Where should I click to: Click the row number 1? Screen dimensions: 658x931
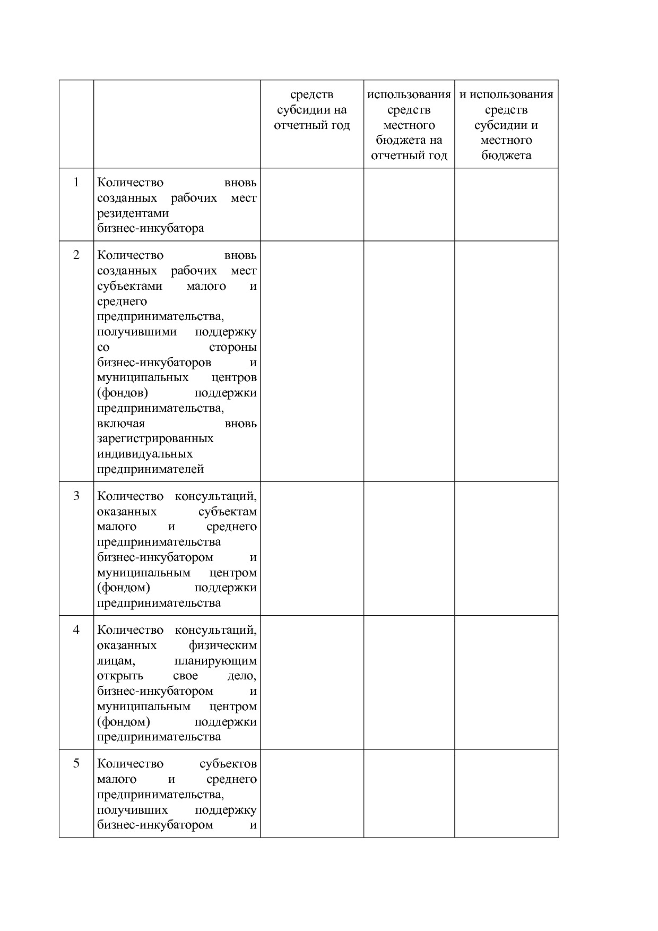pyautogui.click(x=76, y=183)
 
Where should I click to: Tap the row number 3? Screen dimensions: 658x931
pyautogui.click(x=76, y=496)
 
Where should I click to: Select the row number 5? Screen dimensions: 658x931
pyautogui.click(x=76, y=763)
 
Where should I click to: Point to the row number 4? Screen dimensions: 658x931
pyautogui.click(x=76, y=630)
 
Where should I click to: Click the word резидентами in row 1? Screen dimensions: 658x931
pyautogui.click(x=133, y=213)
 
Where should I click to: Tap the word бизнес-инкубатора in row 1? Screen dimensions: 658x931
pyautogui.click(x=151, y=229)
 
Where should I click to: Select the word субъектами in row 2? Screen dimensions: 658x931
pyautogui.click(x=129, y=286)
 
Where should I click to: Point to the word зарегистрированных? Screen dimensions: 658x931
pyautogui.click(x=155, y=439)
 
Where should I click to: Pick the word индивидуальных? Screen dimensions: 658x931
pyautogui.click(x=145, y=454)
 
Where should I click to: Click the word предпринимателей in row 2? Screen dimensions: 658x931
pyautogui.click(x=151, y=469)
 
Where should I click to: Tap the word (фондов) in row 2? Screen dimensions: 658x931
pyautogui.click(x=123, y=393)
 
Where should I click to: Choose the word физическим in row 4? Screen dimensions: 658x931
pyautogui.click(x=223, y=646)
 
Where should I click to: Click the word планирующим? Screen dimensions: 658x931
pyautogui.click(x=215, y=661)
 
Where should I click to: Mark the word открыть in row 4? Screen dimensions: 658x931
pyautogui.click(x=120, y=676)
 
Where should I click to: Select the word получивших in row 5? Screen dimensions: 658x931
pyautogui.click(x=132, y=811)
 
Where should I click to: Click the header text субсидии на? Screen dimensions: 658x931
pyautogui.click(x=312, y=110)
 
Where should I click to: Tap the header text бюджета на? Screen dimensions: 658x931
pyautogui.click(x=409, y=141)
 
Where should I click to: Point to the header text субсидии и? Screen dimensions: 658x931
pyautogui.click(x=506, y=126)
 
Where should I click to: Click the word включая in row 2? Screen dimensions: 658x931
pyautogui.click(x=121, y=424)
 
